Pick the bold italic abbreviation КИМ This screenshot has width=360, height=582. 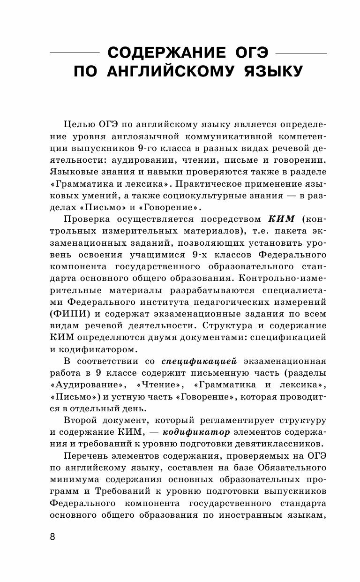[x=281, y=219]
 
